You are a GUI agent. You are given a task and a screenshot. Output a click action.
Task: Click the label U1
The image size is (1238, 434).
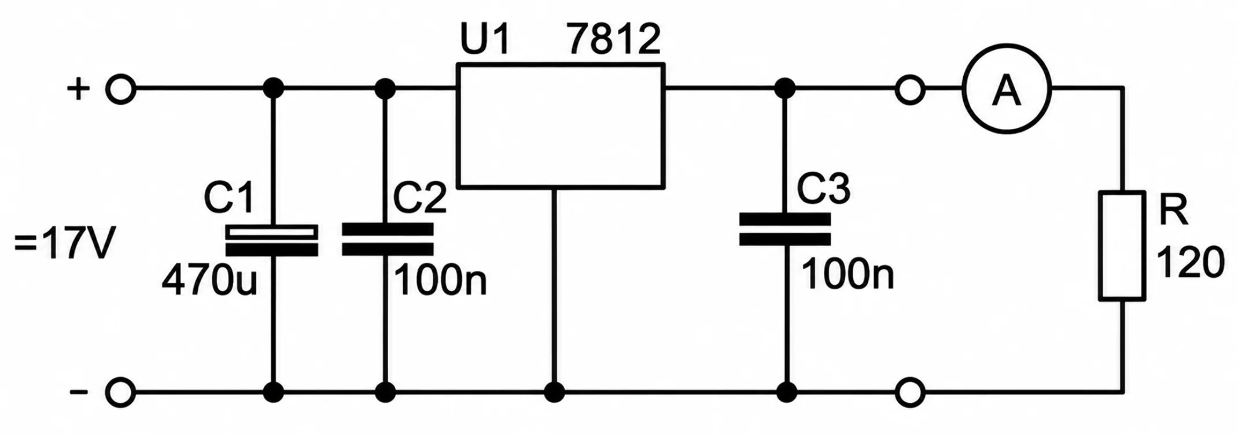pyautogui.click(x=485, y=39)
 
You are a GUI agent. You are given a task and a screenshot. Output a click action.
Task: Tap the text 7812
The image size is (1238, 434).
pyautogui.click(x=614, y=39)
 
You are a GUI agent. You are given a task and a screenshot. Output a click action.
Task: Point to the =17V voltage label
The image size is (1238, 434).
pyautogui.click(x=65, y=244)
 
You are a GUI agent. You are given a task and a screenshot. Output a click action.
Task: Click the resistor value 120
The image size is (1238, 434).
pyautogui.click(x=1191, y=262)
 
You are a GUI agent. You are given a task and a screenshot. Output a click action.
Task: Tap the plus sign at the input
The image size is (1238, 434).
pyautogui.click(x=79, y=90)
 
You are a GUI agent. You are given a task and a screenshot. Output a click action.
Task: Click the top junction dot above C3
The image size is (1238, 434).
pyautogui.click(x=785, y=89)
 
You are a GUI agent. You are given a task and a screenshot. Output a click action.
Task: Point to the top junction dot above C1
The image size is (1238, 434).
pyautogui.click(x=273, y=89)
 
